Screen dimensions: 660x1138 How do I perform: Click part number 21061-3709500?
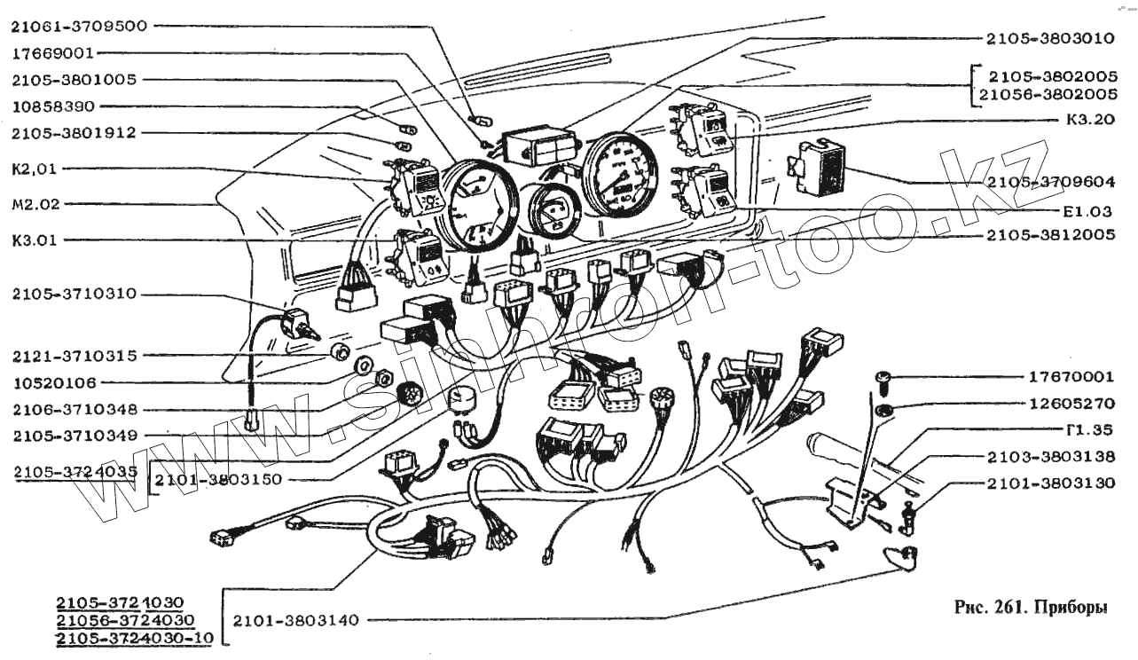(78, 26)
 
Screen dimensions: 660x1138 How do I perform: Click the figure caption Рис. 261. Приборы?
(1031, 609)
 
